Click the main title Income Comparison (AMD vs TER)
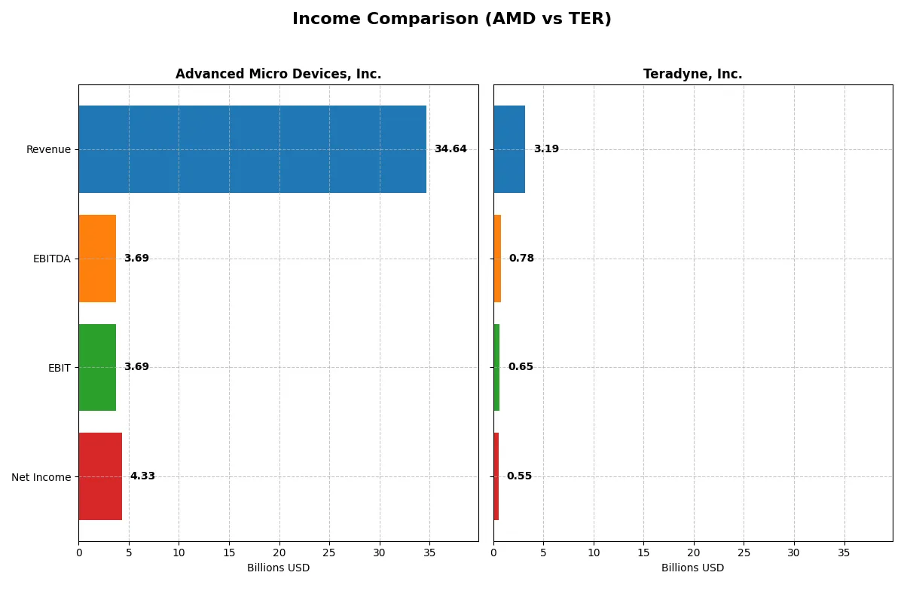(x=451, y=20)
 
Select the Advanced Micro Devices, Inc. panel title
(x=278, y=74)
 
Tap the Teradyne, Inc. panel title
(x=692, y=74)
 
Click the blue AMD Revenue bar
(x=252, y=149)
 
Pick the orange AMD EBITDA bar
(x=97, y=259)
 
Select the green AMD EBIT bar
(x=97, y=367)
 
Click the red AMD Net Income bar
(x=100, y=476)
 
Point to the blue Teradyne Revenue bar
(x=509, y=149)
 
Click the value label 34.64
(x=450, y=149)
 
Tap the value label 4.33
(x=142, y=476)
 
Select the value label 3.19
(x=546, y=149)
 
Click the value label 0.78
(x=521, y=259)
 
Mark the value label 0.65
(x=521, y=367)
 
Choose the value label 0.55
(x=519, y=476)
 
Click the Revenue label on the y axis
(x=48, y=149)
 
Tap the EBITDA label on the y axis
(x=52, y=259)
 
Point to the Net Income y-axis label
(x=41, y=476)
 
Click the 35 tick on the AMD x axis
(x=429, y=552)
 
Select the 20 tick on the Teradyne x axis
(x=694, y=552)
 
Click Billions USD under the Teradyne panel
(x=692, y=568)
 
